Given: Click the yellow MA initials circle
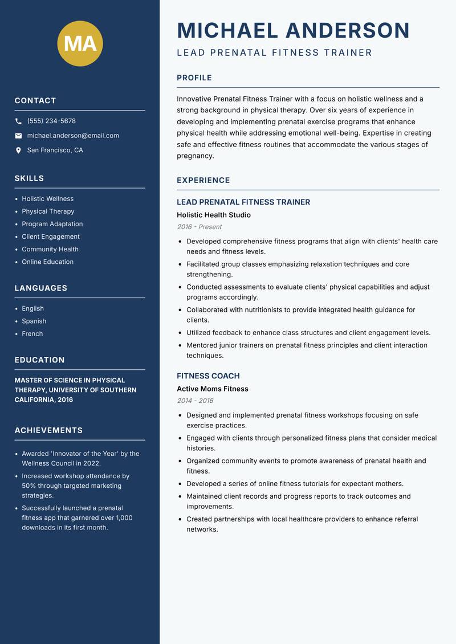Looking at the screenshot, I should (80, 43).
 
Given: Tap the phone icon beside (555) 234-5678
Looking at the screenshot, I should (18, 121).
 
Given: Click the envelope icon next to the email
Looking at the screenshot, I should (18, 136).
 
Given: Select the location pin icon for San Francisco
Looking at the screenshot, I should (18, 150).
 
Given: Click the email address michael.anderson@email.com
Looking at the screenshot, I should (73, 136).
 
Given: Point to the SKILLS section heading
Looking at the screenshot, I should (29, 178).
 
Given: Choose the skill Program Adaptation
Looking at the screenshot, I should (52, 224).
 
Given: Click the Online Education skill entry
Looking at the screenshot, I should (47, 262).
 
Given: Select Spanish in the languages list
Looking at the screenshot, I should (34, 321).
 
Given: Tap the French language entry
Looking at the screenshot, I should (32, 334).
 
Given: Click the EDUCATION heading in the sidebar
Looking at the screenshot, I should (39, 360).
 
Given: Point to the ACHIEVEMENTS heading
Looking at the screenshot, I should (48, 430).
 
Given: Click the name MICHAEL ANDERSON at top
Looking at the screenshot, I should (293, 30).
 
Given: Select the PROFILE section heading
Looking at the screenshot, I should (194, 78).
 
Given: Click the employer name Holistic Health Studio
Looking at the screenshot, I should (213, 215).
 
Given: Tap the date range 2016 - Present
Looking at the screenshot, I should (199, 227).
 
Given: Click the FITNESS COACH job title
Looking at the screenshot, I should (208, 376).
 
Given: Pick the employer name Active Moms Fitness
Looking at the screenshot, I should (212, 389).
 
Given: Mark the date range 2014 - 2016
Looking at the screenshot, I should (195, 401).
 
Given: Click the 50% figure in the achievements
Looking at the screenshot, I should (30, 486).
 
